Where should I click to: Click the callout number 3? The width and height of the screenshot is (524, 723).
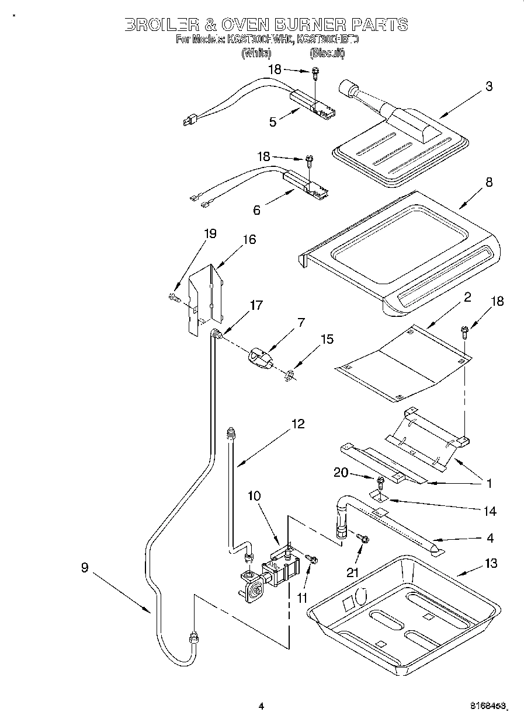click(488, 86)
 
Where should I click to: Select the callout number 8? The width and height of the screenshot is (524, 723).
click(488, 182)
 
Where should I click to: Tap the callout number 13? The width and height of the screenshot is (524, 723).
click(491, 563)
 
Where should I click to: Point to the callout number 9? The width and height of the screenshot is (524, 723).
click(85, 567)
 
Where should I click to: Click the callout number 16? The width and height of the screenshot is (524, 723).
click(249, 240)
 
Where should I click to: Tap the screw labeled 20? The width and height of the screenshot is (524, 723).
click(380, 482)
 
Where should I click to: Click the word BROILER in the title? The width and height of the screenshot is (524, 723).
click(159, 25)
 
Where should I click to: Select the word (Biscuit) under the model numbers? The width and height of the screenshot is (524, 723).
click(327, 53)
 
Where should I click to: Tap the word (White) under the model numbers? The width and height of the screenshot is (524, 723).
click(256, 53)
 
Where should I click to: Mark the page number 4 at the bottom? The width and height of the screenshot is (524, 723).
click(261, 707)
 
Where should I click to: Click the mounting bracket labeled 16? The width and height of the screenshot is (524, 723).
click(205, 298)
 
